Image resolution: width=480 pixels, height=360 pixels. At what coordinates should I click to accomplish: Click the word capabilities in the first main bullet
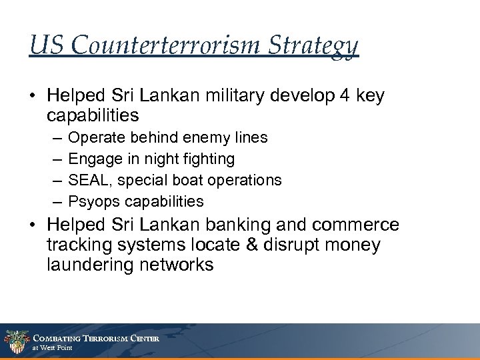[93, 115]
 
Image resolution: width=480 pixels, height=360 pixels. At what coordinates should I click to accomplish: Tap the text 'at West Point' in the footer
[53, 347]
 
